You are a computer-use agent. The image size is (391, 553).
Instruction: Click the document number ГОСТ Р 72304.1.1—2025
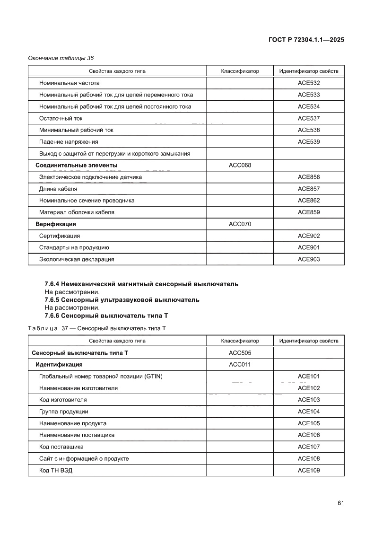pos(305,40)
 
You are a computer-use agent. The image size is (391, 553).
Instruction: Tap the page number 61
pos(340,503)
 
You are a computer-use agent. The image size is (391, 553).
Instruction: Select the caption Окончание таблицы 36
pos(61,58)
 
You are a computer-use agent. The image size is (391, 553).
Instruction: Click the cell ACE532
pos(309,83)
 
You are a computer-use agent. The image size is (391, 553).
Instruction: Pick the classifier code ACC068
pos(240,165)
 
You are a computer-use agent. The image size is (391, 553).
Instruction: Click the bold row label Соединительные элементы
pos(77,165)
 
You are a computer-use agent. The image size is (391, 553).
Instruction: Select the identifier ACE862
pos(309,201)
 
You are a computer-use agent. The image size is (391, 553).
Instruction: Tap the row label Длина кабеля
pos(58,189)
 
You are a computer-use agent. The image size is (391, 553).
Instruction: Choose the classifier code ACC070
pos(240,224)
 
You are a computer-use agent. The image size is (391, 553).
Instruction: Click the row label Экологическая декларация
pos(77,259)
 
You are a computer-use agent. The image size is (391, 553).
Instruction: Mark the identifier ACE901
pos(309,247)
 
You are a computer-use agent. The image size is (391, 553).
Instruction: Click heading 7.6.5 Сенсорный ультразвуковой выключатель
pos(122,300)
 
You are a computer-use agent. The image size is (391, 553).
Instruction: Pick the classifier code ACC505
pos(240,353)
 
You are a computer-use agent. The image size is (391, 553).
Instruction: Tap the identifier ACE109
pos(309,470)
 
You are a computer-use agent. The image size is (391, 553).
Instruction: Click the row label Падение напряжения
pos(69,142)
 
